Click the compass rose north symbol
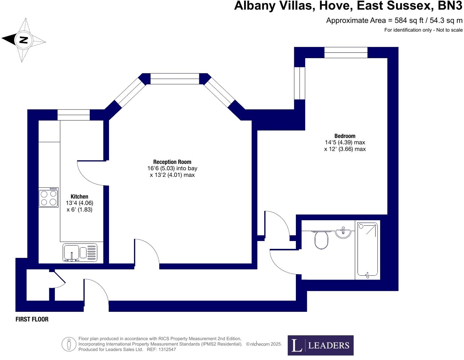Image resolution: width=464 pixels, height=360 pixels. (23, 40)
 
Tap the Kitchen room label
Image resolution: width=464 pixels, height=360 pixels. (79, 196)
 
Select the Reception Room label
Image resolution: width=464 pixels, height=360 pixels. (172, 162)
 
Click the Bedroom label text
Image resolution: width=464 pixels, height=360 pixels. (345, 136)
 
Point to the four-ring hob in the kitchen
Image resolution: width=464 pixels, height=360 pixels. (48, 198)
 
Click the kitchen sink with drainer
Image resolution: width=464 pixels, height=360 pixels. (80, 253)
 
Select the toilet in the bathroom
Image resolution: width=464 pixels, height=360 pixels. (321, 239)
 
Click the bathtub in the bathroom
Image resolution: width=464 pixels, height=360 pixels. (367, 250)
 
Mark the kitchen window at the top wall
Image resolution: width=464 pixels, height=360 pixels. (73, 115)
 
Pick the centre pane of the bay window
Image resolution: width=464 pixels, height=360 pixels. (175, 79)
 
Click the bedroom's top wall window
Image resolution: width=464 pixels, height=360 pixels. (346, 53)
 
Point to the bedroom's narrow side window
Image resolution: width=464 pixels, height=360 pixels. (300, 83)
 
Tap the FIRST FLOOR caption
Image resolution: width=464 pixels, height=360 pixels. (32, 319)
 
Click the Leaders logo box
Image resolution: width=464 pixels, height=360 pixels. (320, 345)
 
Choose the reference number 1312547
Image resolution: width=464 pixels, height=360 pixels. (167, 349)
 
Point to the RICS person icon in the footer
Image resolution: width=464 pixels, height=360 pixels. (69, 344)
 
